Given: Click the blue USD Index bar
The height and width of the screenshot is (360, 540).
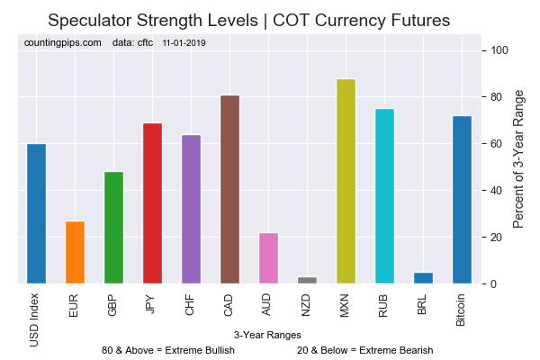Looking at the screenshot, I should tap(36, 214).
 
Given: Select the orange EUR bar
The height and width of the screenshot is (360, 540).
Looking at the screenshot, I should tap(75, 253).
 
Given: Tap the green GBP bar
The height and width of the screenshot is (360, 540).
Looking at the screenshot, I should tap(113, 228).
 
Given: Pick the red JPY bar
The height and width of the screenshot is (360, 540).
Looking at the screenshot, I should tap(152, 203).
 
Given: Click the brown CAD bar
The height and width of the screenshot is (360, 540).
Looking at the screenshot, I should tap(229, 190).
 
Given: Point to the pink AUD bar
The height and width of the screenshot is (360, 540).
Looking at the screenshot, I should tap(268, 258).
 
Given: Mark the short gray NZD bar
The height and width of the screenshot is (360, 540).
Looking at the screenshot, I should tap(307, 281).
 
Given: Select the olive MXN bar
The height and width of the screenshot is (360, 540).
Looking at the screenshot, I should tap(346, 182).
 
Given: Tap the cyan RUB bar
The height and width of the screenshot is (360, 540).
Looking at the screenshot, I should tap(384, 196).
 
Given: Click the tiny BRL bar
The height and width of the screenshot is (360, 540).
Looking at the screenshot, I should tap(423, 278).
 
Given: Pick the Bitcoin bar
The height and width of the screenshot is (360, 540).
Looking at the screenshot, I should tap(462, 200).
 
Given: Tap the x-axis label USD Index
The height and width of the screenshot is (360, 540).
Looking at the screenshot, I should tap(36, 317).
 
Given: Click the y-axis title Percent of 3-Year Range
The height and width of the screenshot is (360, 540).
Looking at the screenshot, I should tap(518, 158).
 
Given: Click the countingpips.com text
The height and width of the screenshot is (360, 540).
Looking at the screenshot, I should tap(63, 42).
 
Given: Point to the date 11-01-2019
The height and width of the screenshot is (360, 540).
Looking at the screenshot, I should tap(184, 42).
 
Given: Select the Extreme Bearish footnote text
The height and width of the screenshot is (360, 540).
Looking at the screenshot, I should tap(364, 350).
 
